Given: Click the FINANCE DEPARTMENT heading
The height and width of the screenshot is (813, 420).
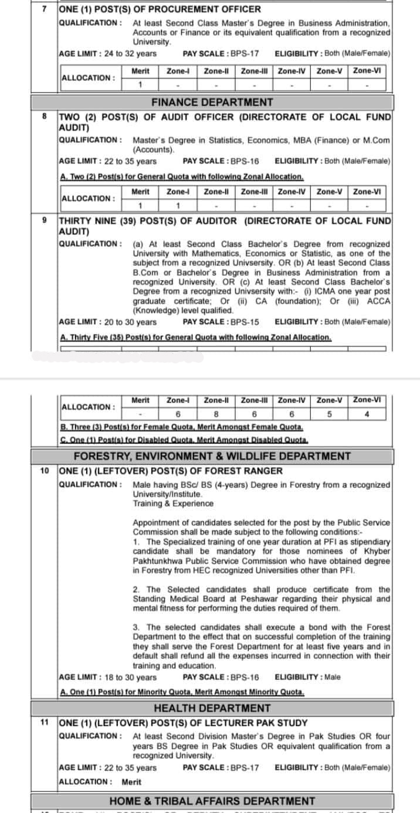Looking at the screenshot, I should (212, 103).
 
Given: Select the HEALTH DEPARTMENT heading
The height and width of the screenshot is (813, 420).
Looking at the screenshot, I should (212, 709).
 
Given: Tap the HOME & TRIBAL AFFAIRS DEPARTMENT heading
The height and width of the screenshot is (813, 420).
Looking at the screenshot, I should (212, 801).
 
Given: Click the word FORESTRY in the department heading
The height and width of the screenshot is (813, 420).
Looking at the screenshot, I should (100, 456).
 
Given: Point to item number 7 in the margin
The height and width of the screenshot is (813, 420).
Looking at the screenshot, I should (45, 9).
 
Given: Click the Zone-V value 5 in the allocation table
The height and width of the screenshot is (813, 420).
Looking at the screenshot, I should (329, 414).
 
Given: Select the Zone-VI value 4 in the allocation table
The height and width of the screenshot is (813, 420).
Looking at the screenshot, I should (367, 414).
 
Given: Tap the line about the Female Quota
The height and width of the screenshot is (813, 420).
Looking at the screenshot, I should (182, 428).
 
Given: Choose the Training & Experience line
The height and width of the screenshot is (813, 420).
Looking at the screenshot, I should (173, 504).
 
